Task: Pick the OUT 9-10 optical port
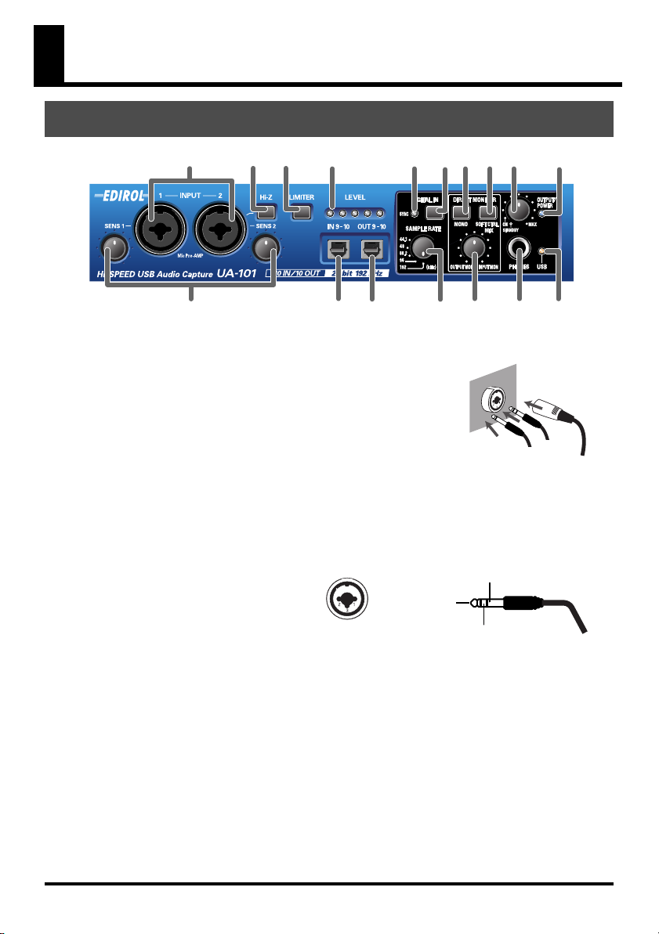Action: coord(372,250)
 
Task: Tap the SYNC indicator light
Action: coord(415,211)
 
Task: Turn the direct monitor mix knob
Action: coord(473,248)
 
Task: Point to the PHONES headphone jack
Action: coord(519,250)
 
